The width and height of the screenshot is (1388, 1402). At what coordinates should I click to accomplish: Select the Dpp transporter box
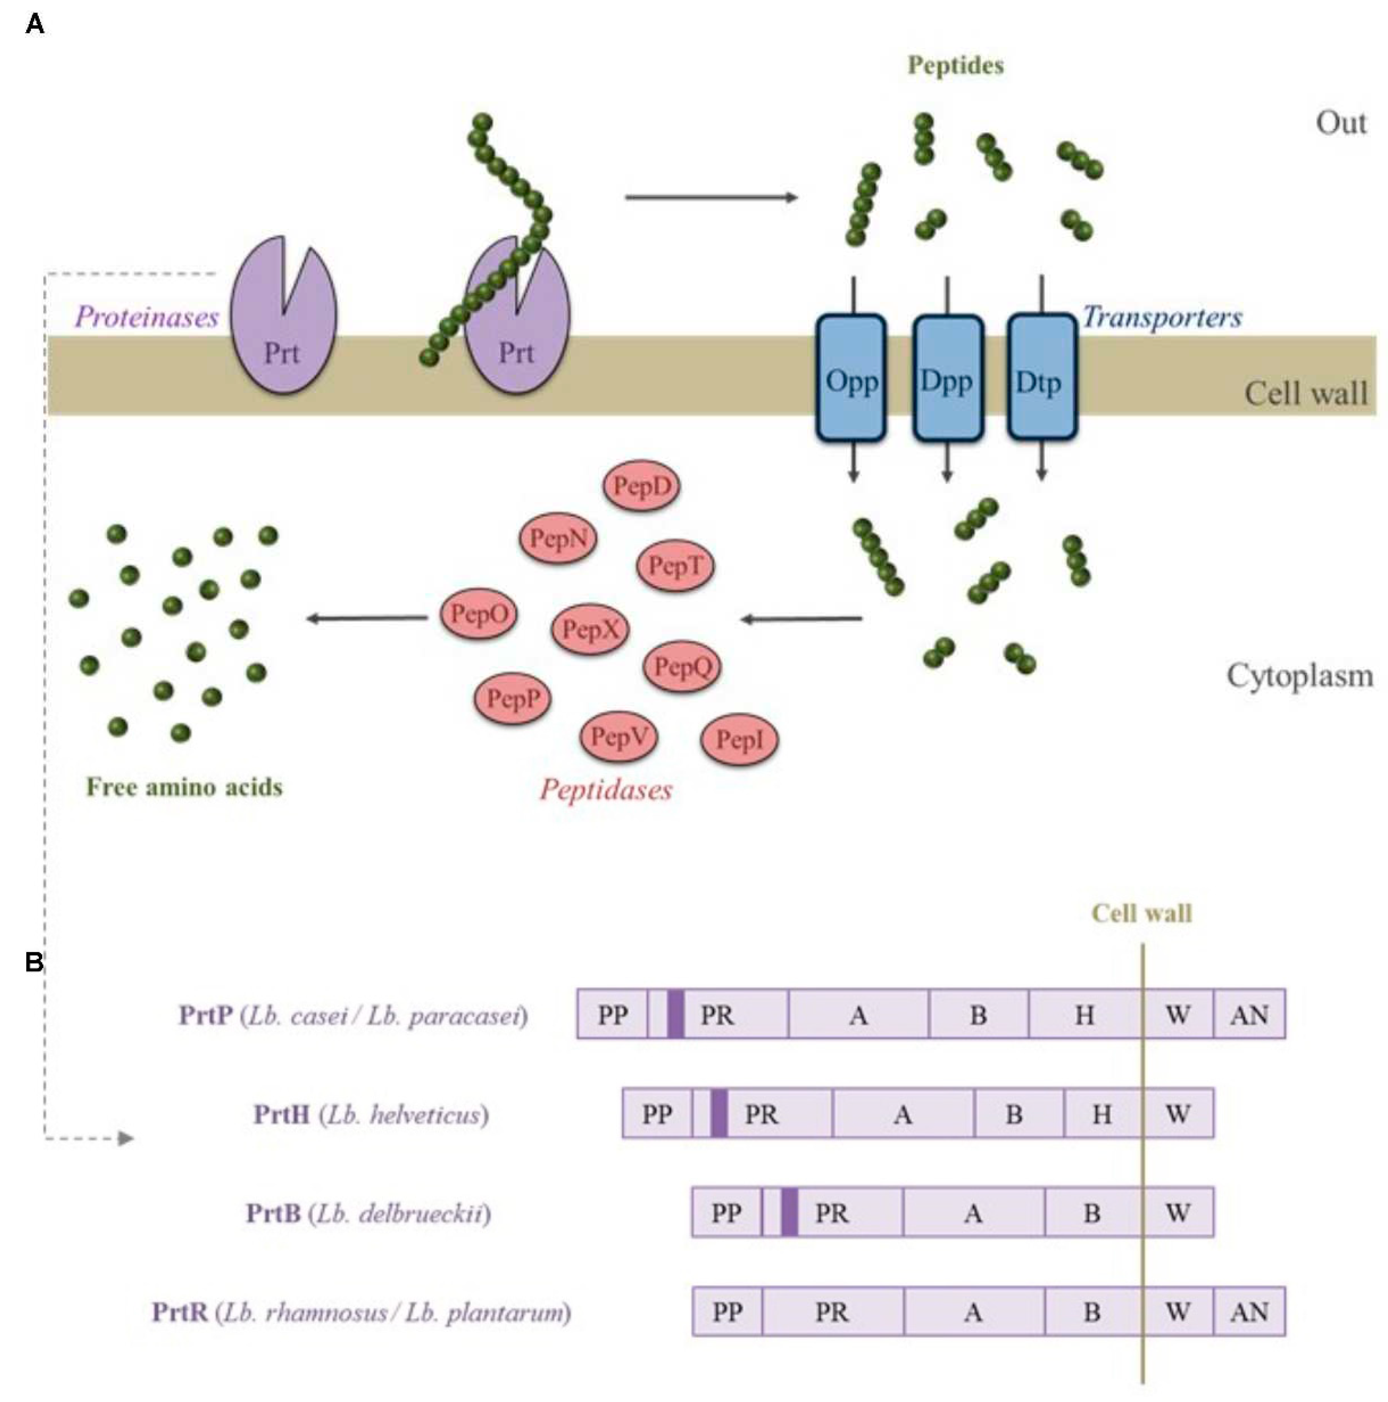[x=947, y=378]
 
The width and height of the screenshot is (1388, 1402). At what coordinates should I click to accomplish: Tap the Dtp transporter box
[x=1041, y=378]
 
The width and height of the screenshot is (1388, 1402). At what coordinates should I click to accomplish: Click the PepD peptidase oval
[x=641, y=486]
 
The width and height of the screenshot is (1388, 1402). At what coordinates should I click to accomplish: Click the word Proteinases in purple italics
[x=146, y=317]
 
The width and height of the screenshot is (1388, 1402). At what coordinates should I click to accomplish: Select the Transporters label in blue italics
[x=1162, y=317]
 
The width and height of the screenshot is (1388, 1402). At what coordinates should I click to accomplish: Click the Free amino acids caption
[x=184, y=787]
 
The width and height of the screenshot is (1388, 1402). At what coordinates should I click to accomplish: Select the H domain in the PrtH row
[x=1101, y=1113]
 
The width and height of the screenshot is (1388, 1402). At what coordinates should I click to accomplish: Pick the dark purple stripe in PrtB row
[x=790, y=1212]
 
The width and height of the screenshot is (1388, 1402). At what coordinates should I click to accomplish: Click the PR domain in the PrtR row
[x=832, y=1311]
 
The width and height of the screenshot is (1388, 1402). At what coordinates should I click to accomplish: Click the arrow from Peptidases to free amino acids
[x=367, y=618]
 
